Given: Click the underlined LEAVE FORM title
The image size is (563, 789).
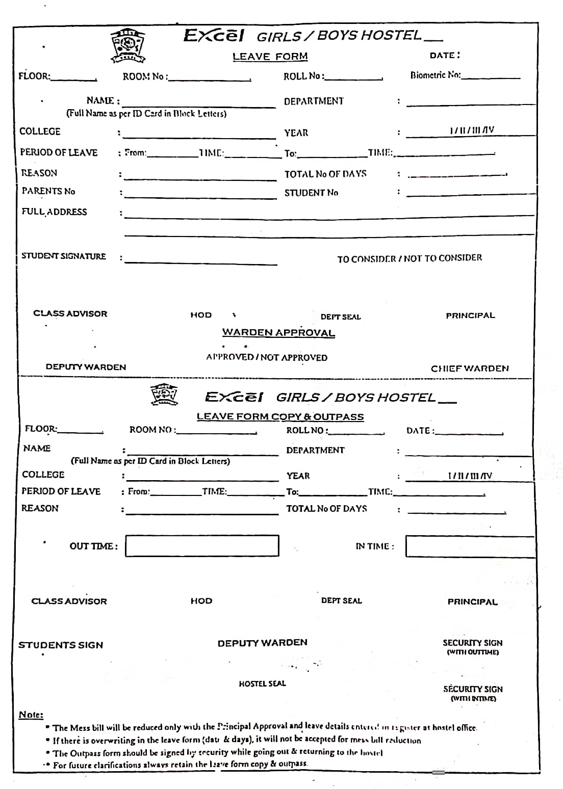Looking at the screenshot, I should coord(270,57).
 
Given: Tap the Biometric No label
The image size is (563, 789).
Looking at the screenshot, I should coord(436,75).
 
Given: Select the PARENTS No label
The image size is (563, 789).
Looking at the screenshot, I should coord(48,191).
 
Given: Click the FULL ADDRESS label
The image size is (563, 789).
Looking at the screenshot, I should coord(54,212).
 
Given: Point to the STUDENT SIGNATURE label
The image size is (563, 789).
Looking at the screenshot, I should coord(64,256).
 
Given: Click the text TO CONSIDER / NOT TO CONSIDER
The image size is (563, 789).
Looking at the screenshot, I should coord(409,258).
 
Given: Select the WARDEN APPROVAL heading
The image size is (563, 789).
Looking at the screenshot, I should coord(278,333).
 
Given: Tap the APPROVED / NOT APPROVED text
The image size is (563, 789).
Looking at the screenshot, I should coord(267,357).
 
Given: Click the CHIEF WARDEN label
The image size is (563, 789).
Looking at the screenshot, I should coord(470,369).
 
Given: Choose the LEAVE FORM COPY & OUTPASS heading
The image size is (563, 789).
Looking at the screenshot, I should coord(280,417).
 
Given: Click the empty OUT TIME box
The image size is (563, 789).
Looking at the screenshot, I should coord(202,546).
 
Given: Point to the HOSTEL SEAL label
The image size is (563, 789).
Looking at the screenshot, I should coord(262,683).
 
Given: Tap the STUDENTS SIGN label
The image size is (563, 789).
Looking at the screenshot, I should coord(61,645).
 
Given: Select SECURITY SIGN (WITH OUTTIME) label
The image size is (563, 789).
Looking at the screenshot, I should coord(472,647).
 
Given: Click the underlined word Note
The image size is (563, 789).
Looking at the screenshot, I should coord(31,715).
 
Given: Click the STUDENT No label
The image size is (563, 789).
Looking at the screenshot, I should coord(311,193).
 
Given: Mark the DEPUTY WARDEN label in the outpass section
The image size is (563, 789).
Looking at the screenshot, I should coord(262,643).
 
